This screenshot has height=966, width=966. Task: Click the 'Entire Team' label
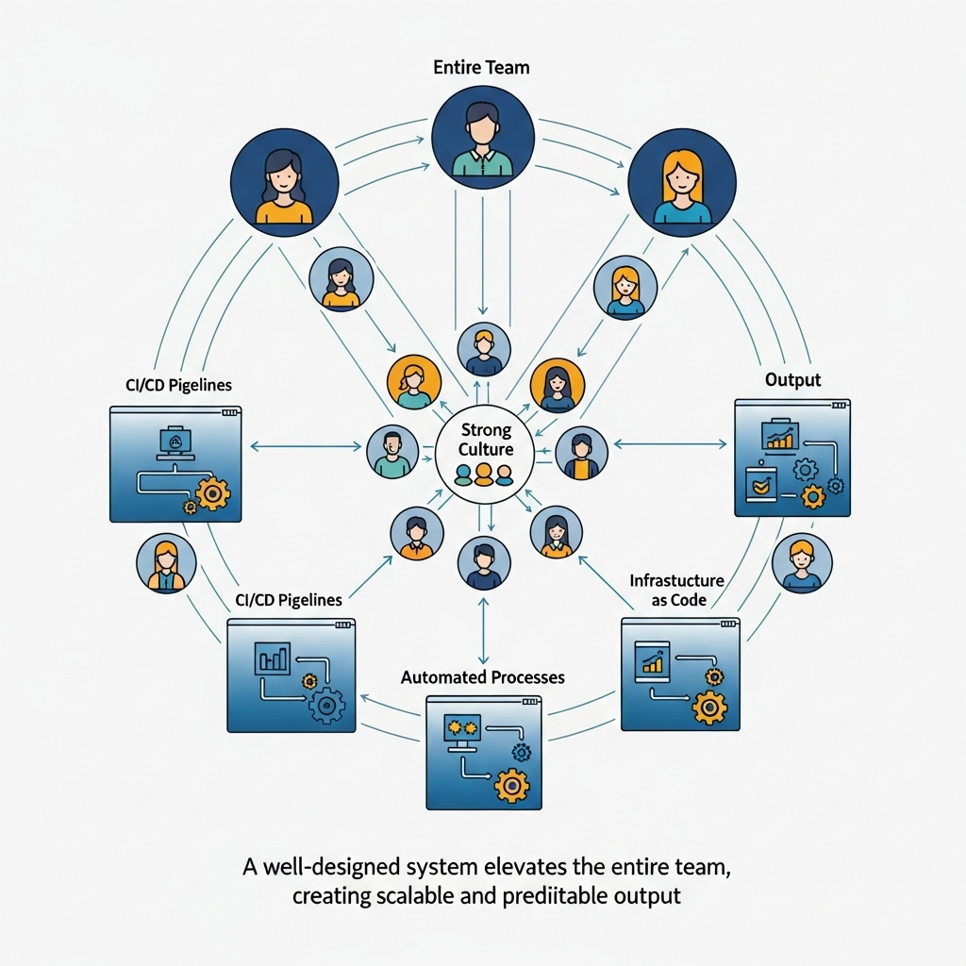(x=481, y=68)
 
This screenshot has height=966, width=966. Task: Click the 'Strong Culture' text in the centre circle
(x=487, y=440)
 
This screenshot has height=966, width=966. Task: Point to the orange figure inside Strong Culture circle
(x=484, y=474)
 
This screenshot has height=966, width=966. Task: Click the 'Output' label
(x=792, y=380)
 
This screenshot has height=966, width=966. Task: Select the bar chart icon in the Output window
(x=780, y=437)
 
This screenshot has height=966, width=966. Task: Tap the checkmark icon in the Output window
(x=758, y=485)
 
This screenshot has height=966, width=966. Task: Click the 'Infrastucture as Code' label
(x=676, y=591)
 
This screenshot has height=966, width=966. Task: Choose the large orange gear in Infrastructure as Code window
(x=709, y=706)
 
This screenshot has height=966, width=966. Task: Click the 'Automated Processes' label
(x=482, y=677)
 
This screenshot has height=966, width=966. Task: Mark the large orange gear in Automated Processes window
(x=511, y=785)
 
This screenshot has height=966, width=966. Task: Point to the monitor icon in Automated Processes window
(x=462, y=731)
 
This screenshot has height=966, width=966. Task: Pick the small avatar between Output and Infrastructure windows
(x=802, y=563)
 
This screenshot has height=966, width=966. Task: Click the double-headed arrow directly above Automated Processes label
(x=484, y=630)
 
